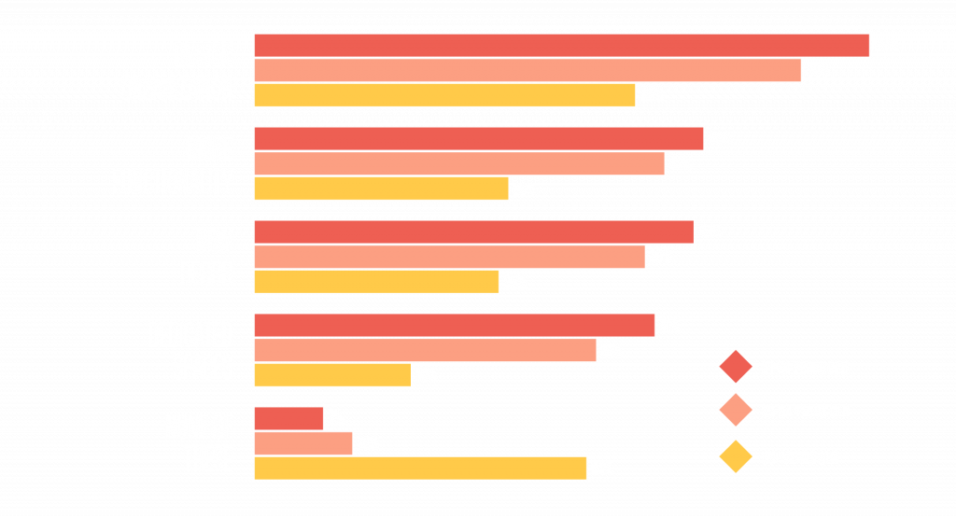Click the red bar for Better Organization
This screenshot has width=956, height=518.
point(561,45)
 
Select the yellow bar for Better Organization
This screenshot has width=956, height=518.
point(444,95)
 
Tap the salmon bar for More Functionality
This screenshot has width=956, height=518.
point(458,164)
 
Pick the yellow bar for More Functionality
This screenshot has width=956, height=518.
point(381,189)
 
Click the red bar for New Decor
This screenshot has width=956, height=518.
point(473,231)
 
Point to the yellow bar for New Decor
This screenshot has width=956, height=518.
point(376,282)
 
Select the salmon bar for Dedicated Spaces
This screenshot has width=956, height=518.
point(425,351)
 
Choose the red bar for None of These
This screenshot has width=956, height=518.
point(288,418)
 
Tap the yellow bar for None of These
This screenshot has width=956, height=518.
point(420,469)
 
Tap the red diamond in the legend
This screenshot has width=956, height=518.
point(736,367)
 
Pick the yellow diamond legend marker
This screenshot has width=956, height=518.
point(736,457)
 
